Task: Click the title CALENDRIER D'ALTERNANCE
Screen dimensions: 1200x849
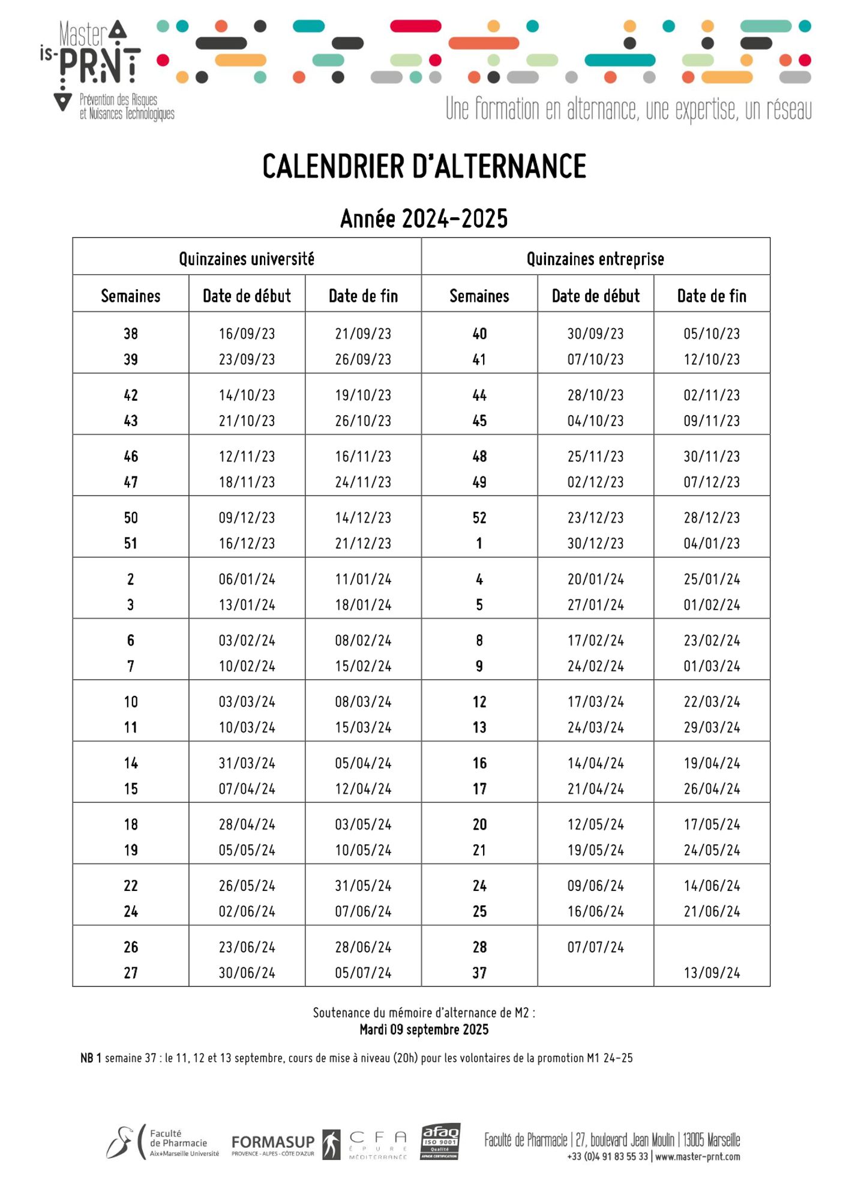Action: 424,166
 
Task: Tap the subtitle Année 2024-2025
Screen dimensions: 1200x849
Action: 424,218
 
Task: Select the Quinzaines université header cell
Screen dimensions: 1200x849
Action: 247,259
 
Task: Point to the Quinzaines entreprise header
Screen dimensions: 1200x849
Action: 595,259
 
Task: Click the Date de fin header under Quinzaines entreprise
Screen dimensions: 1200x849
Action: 712,296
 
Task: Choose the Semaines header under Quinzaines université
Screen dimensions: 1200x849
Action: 130,296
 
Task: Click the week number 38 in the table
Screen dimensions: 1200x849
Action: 130,334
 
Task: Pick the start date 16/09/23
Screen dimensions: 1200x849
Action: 247,334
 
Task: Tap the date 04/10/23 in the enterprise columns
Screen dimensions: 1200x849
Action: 595,421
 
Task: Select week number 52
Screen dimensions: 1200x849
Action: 479,518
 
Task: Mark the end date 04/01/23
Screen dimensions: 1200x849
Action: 712,544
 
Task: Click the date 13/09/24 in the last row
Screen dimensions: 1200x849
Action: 712,973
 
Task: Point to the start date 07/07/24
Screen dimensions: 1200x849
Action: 595,947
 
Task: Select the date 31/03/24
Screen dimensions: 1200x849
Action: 247,763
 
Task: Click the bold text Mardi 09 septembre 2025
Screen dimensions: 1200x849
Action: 424,1030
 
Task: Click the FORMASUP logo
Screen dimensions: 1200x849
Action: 273,1143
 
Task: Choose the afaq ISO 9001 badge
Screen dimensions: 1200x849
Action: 440,1141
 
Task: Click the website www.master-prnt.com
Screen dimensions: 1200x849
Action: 697,1156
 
